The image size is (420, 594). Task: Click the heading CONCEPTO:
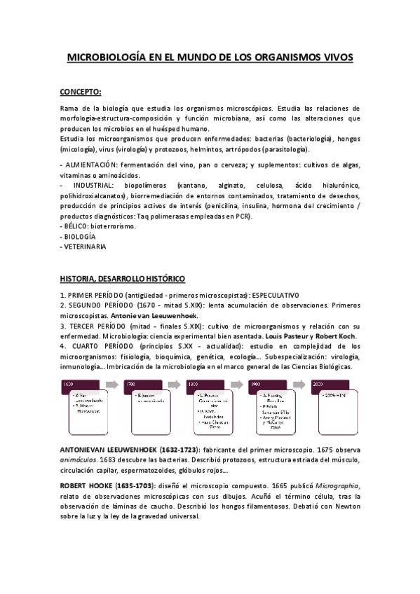(81, 91)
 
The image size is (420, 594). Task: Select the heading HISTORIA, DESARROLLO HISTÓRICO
(122, 277)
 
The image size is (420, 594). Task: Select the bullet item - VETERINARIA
(83, 247)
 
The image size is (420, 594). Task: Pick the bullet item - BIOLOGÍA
(78, 237)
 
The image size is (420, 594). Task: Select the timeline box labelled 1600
(69, 385)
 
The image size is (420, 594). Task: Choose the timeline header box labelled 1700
(131, 385)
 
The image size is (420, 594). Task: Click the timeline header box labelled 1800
(194, 385)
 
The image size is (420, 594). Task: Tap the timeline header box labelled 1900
(257, 385)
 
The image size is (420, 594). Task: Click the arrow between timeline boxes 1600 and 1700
(111, 385)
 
